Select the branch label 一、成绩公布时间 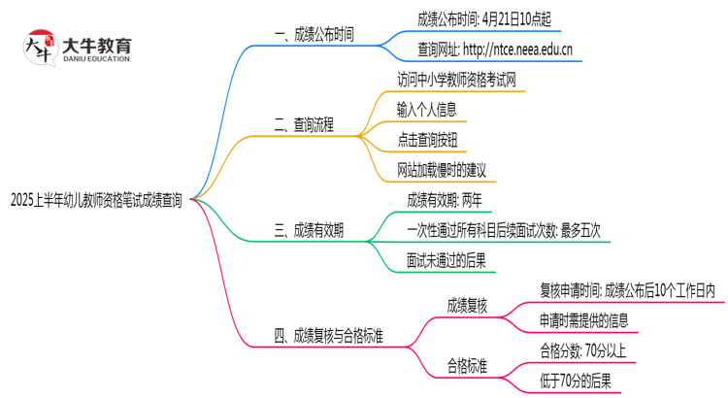click(x=314, y=35)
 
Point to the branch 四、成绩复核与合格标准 click(x=329, y=336)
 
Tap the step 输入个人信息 click(x=426, y=110)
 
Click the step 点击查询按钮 click(x=426, y=140)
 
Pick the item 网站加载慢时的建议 click(x=442, y=170)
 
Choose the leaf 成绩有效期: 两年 click(x=444, y=200)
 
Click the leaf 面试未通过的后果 click(x=446, y=260)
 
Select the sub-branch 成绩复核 click(x=467, y=306)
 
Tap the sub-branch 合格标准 click(x=467, y=366)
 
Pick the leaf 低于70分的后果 click(x=576, y=381)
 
